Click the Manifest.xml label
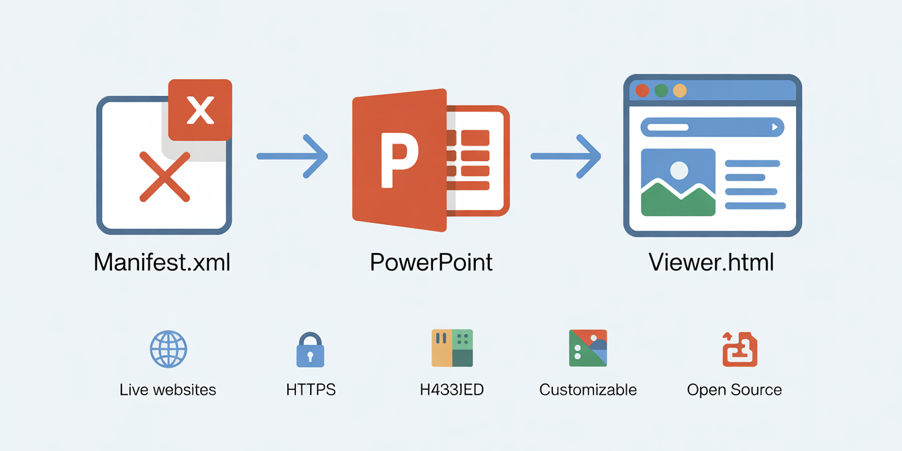[x=162, y=262]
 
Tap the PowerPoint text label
[x=431, y=262]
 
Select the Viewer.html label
[x=711, y=262]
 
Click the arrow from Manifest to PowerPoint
[x=293, y=156]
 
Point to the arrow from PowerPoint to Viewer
[x=566, y=156]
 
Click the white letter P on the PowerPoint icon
[x=399, y=160]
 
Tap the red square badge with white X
[x=200, y=110]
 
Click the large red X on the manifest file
[x=164, y=177]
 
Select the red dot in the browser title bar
[x=642, y=91]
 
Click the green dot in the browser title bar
[x=661, y=91]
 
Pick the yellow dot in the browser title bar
[x=680, y=91]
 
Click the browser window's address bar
[x=712, y=127]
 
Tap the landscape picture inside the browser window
[x=678, y=182]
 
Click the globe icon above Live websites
[x=168, y=349]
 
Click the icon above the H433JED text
[x=452, y=348]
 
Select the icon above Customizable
[x=588, y=348]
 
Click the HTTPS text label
[x=311, y=390]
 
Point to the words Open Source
[x=734, y=390]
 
